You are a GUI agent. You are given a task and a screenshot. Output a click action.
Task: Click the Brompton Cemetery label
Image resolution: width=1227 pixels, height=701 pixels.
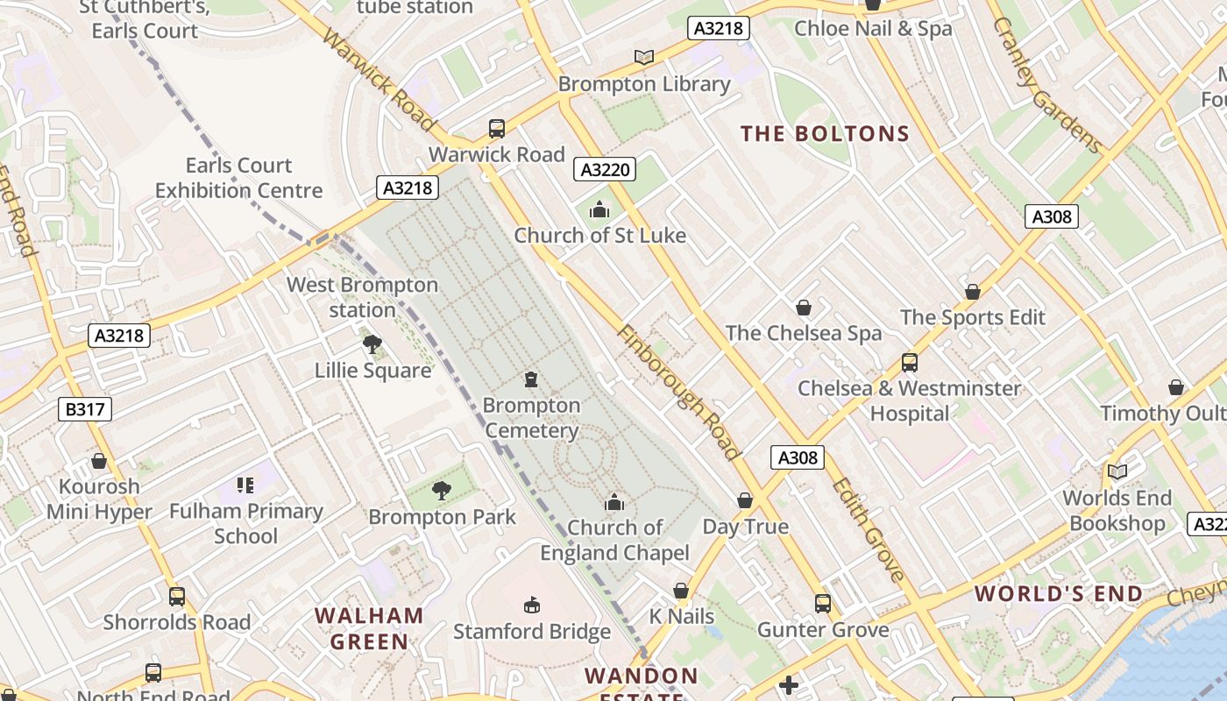531,418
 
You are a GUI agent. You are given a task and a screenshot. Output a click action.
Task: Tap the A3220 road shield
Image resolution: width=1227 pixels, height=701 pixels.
605,169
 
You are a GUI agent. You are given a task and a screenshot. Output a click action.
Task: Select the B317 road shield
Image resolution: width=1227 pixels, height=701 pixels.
86,408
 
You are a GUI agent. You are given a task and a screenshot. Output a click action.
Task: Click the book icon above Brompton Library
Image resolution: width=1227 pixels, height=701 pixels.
644,57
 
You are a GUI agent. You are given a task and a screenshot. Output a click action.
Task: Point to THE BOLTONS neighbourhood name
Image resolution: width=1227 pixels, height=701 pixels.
825,134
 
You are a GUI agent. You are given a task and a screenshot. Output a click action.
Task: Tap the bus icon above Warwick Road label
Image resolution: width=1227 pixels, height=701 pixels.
497,129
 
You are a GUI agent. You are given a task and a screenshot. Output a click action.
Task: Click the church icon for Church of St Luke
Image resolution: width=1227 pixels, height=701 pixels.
599,209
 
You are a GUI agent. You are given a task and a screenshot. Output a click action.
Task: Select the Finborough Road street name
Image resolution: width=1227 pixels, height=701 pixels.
678,393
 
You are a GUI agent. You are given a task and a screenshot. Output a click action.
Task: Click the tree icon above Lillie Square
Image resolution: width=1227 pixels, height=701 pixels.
372,344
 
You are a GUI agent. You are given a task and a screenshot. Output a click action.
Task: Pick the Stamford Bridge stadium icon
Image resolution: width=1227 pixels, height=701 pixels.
532,605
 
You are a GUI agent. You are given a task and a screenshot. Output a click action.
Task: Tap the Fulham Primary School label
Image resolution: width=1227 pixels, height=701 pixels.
246,523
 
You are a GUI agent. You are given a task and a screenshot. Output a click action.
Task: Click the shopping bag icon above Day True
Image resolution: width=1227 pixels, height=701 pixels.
745,500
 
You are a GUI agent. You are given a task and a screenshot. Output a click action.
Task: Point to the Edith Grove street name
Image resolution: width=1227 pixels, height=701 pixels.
868,530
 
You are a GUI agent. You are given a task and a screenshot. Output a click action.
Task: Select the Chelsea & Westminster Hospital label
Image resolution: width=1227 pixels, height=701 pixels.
909,400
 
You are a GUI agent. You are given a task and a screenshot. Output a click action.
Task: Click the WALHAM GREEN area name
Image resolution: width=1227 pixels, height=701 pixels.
369,628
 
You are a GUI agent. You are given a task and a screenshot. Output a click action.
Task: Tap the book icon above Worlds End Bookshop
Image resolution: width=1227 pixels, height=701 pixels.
1117,471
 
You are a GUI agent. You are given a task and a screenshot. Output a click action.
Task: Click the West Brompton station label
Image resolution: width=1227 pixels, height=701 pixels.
362,297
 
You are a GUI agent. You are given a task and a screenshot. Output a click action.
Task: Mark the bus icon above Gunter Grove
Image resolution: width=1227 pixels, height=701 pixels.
822,603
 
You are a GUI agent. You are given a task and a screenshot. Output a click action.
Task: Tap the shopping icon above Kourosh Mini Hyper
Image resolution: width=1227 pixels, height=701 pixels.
99,461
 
